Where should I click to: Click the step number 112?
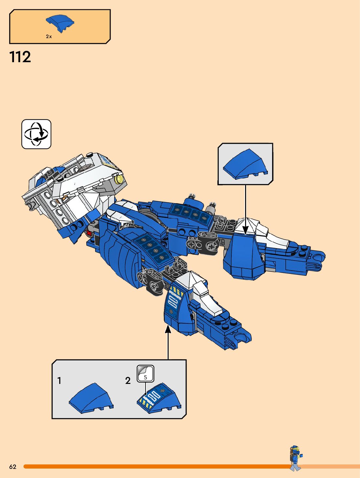(20, 57)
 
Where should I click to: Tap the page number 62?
(13, 467)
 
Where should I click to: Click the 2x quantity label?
(49, 36)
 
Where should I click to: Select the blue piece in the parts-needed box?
(60, 23)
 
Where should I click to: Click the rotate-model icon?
(36, 134)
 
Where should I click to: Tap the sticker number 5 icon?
(145, 374)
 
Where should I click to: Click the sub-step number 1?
(59, 380)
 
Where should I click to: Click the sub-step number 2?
(128, 380)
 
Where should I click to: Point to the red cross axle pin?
(89, 233)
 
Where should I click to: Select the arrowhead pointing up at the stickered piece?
(168, 330)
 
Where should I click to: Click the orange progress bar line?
(156, 467)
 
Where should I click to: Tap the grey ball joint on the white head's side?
(31, 205)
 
